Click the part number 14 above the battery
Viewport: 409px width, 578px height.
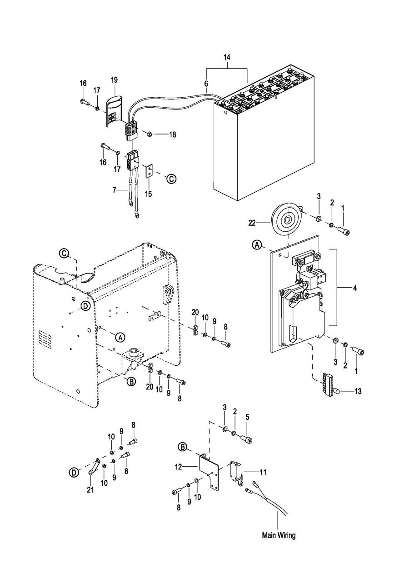227,57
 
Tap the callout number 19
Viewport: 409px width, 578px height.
114,80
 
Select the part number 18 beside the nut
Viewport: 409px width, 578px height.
172,135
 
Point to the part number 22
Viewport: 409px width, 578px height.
252,223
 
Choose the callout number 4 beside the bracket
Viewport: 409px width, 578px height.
355,288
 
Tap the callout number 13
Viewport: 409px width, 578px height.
358,391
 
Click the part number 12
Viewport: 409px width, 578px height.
178,467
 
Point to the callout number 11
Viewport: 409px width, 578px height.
263,472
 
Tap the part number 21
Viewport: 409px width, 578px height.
90,489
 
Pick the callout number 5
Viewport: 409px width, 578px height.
247,417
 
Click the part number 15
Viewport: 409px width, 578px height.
148,194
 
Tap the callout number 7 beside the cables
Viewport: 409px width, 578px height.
115,190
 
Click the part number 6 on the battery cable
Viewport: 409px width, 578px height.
206,84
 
